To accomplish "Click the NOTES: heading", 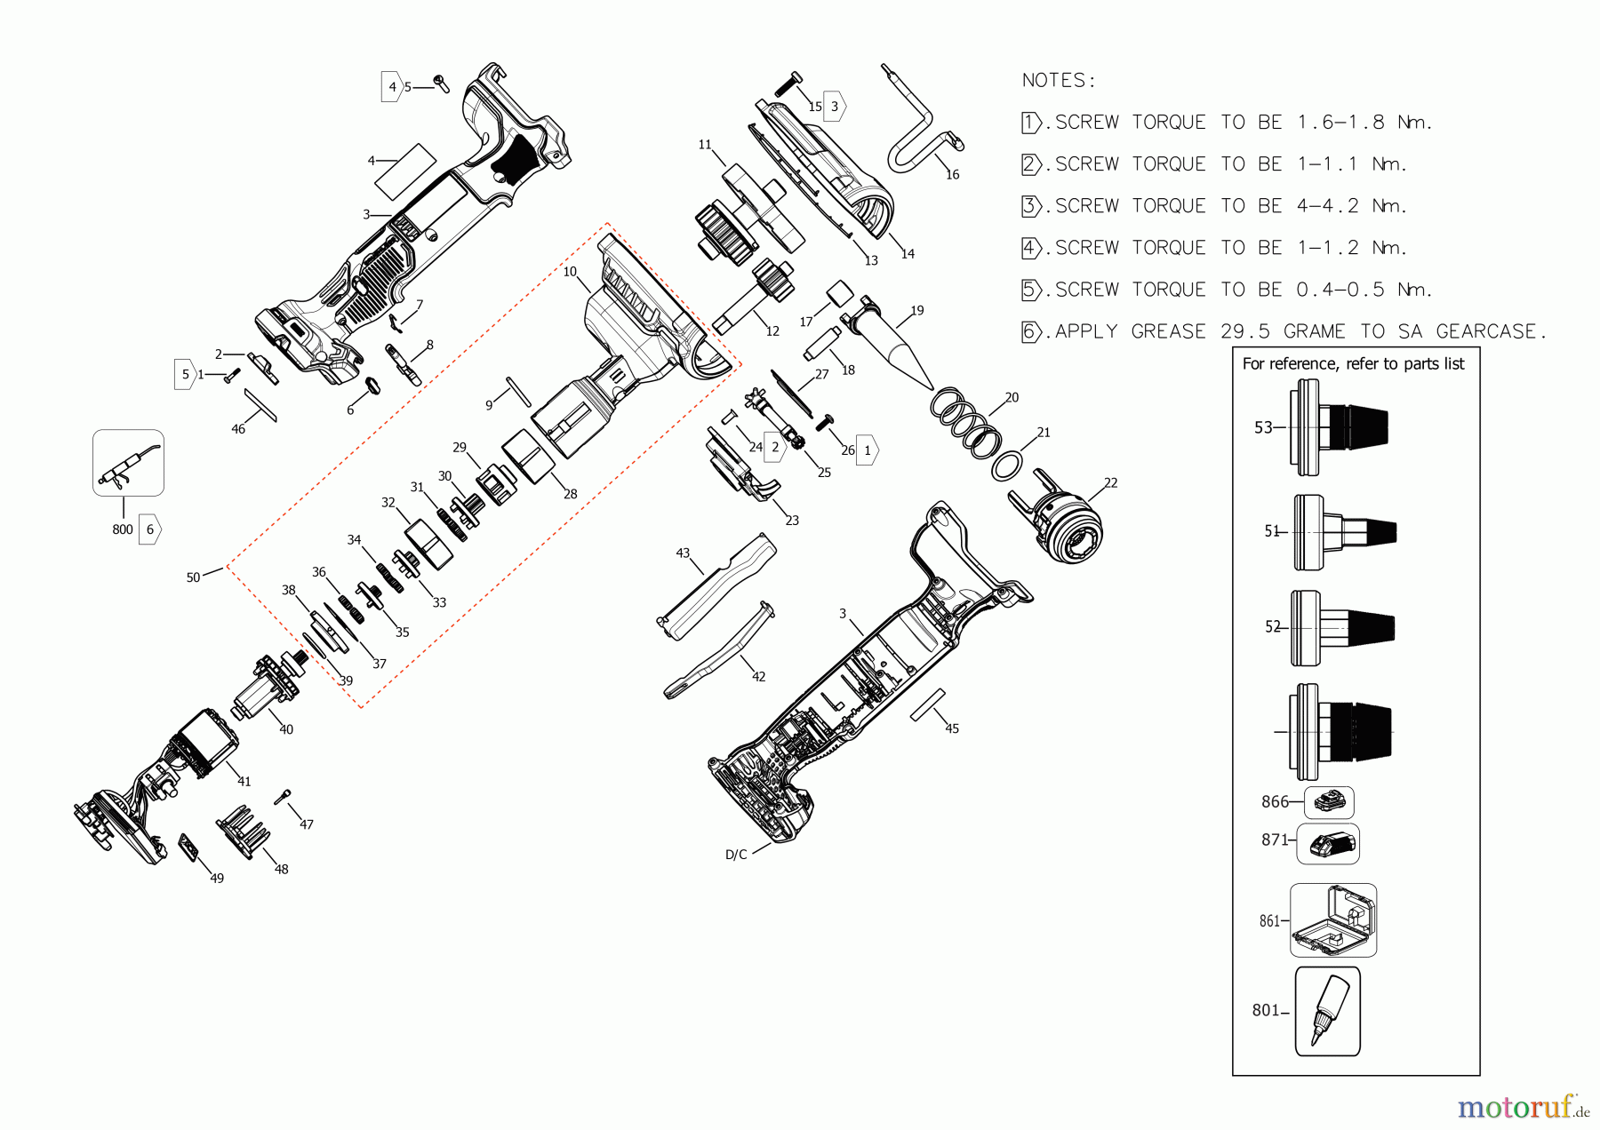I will (x=1058, y=81).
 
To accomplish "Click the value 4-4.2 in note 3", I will (x=1327, y=206).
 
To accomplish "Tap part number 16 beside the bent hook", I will (x=952, y=175).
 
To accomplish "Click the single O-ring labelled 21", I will (x=1006, y=466).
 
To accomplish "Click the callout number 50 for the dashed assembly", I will (x=193, y=577).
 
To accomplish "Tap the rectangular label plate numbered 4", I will (x=405, y=172).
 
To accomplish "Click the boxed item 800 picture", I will (x=128, y=463).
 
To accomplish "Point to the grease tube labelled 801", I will (x=1327, y=1011).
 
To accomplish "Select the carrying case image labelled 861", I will (x=1332, y=920).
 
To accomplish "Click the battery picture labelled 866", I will (x=1329, y=802).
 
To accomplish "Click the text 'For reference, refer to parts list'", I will (x=1353, y=364).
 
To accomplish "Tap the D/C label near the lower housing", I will (x=736, y=855).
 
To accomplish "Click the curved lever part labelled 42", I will (x=718, y=653).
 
